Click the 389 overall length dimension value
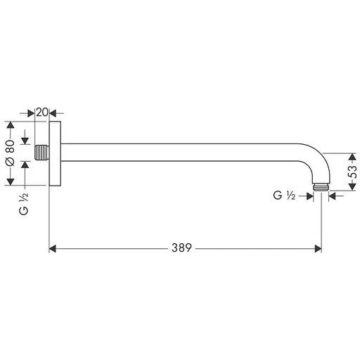click(183, 248)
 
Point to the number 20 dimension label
click(42, 112)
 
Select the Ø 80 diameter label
click(10, 153)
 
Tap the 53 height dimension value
click(353, 171)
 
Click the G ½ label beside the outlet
click(283, 197)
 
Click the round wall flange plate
click(55, 153)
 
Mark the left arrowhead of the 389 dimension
click(53, 248)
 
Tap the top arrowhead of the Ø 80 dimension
click(10, 125)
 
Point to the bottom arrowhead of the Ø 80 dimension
click(10, 182)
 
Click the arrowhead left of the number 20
click(30, 112)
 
